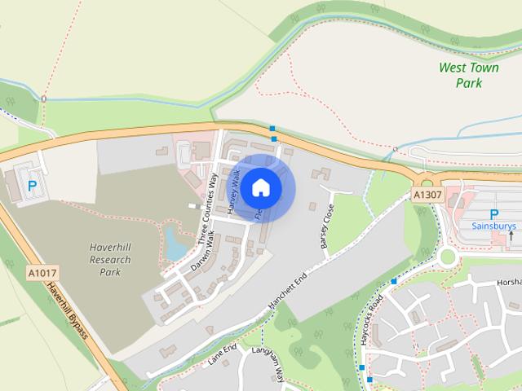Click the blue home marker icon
(x=260, y=187)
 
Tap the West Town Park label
(x=468, y=75)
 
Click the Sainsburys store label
(x=493, y=225)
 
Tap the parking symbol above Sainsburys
(x=493, y=213)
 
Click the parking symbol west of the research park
(x=33, y=186)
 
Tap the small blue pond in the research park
(x=175, y=241)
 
